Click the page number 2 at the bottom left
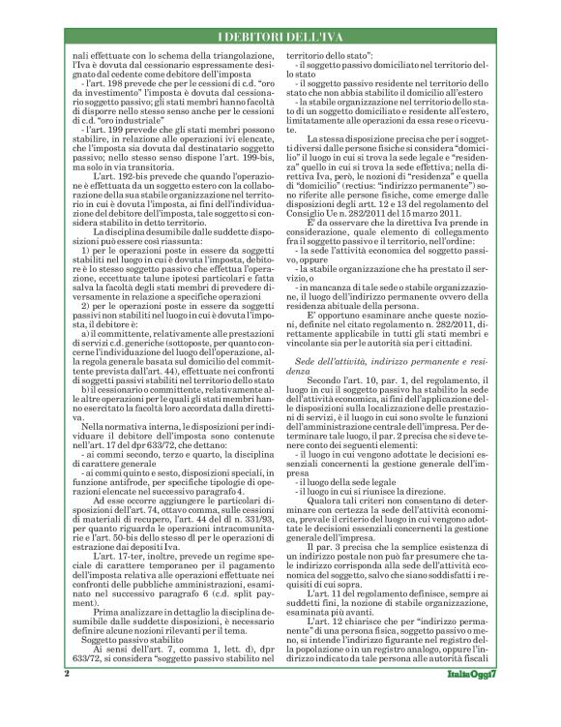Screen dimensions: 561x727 click(x=66, y=700)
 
